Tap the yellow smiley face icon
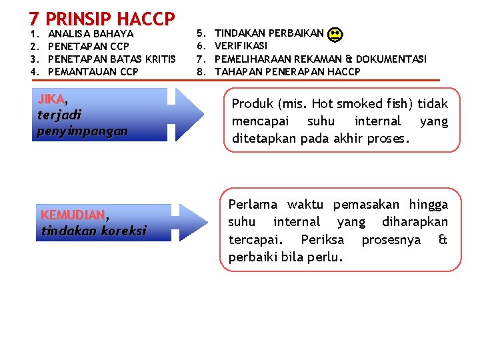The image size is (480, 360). [x=336, y=34]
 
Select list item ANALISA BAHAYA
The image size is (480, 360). [x=91, y=33]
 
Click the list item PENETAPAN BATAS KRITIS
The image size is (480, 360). [x=112, y=59]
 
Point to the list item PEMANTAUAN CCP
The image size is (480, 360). [x=93, y=71]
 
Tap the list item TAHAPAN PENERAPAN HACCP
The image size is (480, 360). [x=287, y=71]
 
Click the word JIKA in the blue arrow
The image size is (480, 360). [x=51, y=99]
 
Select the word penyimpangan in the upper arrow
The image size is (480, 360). [x=82, y=131]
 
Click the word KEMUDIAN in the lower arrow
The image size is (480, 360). [x=73, y=215]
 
